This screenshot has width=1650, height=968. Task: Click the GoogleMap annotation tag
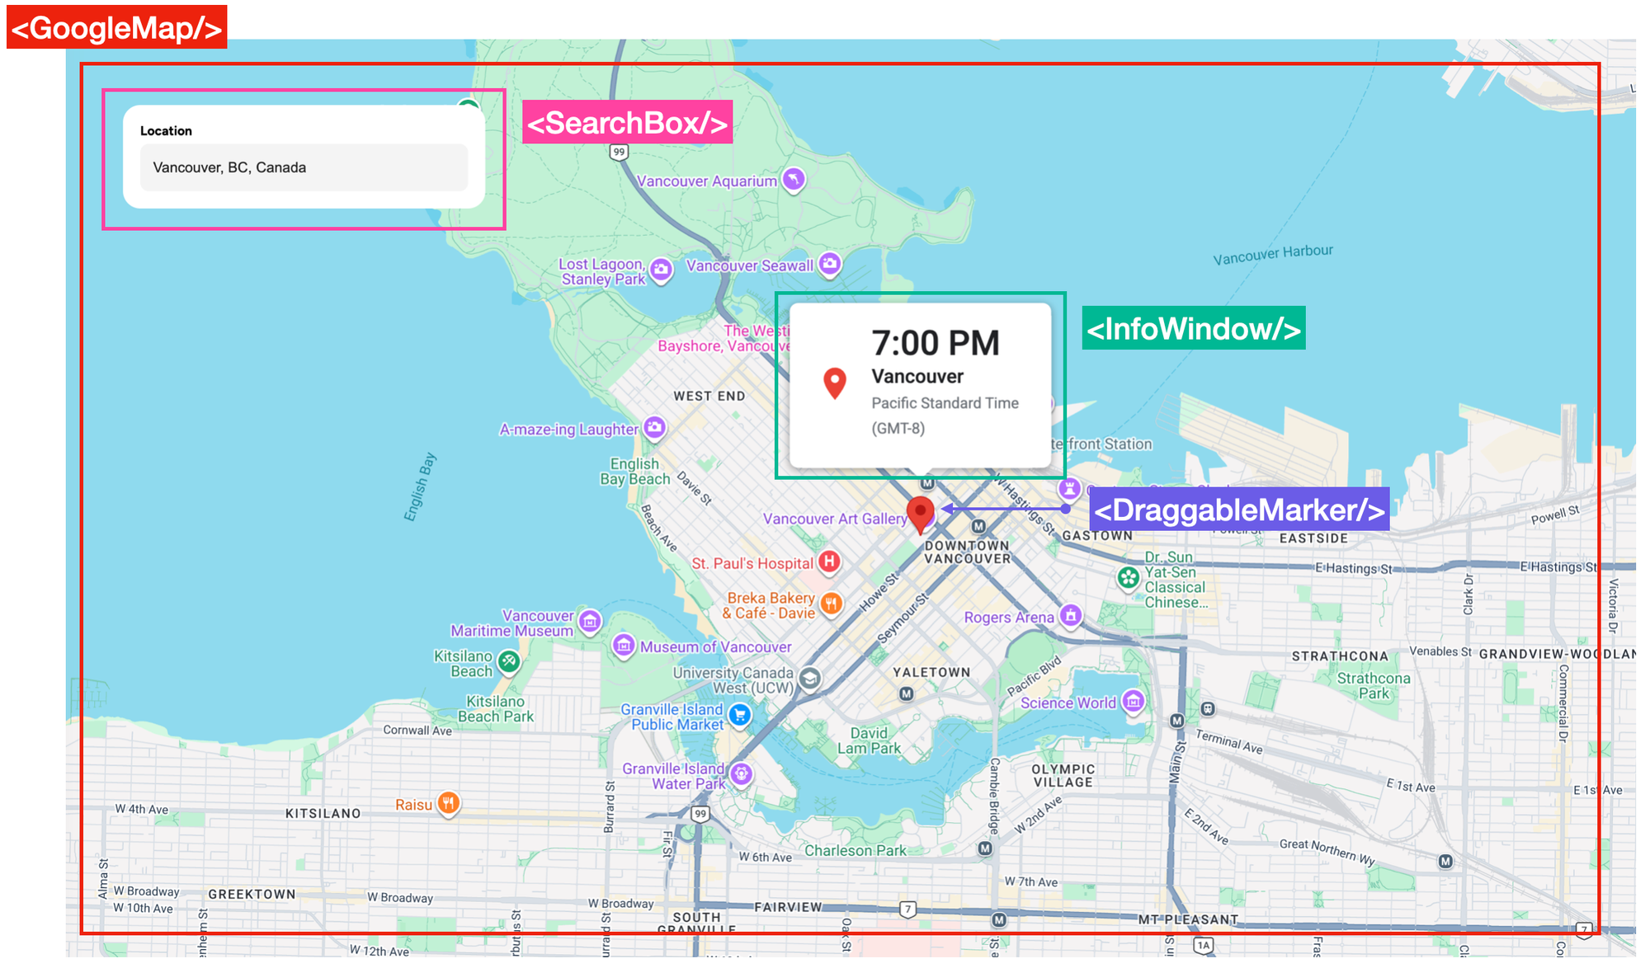coord(116,27)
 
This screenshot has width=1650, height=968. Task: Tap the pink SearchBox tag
coord(627,122)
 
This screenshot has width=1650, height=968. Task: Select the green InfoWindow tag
coord(1193,328)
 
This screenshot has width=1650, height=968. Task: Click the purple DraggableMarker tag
coord(1238,510)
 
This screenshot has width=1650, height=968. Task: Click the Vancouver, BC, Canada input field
coord(304,167)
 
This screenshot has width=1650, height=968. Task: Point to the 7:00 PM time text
coord(935,343)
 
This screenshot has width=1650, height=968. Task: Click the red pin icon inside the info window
coord(835,383)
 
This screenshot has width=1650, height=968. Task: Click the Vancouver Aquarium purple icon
coord(794,179)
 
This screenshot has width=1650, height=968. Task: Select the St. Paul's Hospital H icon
coord(829,562)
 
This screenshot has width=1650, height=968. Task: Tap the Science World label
coord(1068,703)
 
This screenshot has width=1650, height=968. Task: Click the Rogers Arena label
coord(1008,618)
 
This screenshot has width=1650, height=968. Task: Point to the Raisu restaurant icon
coord(448,803)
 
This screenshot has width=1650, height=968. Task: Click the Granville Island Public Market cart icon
coord(740,715)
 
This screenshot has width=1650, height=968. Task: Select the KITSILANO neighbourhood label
coord(323,813)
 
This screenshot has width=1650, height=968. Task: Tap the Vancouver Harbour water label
coord(1272,254)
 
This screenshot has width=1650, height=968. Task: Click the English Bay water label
coord(419,487)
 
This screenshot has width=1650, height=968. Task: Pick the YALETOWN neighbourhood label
coord(931,672)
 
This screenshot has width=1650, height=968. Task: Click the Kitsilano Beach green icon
coord(509,660)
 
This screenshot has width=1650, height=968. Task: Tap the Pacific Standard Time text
coord(945,403)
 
